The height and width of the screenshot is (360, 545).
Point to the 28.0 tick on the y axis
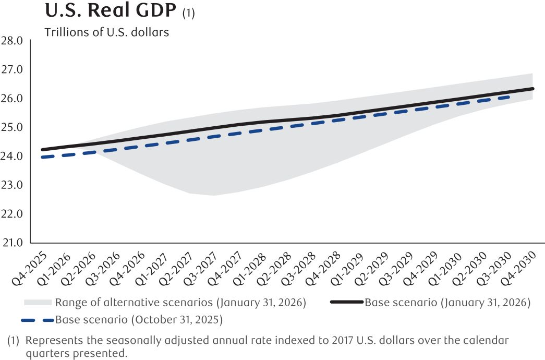tap(13, 41)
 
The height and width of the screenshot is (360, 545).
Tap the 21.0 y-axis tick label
tap(13, 243)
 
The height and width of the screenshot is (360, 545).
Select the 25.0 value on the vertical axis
tap(13, 127)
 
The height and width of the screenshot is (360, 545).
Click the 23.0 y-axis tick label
tap(13, 185)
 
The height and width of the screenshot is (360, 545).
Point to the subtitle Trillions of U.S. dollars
tap(107, 32)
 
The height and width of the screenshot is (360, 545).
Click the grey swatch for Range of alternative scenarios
tap(38, 302)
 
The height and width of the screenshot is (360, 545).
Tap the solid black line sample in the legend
tap(347, 302)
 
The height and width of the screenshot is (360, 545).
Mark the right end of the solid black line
tap(533, 89)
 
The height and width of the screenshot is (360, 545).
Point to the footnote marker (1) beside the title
tap(188, 13)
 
